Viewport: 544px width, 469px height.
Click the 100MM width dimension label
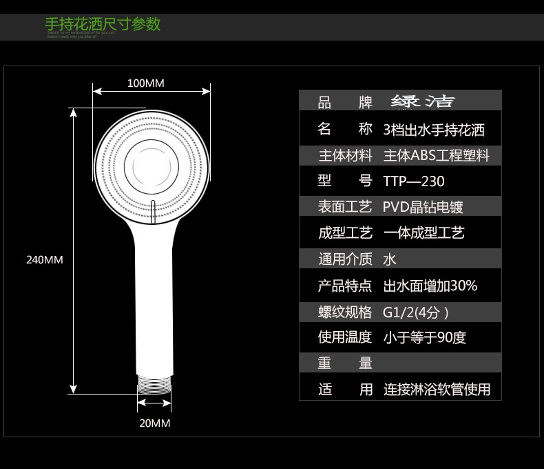(x=145, y=83)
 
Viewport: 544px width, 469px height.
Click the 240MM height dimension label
(x=44, y=260)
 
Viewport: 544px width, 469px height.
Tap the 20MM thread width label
(x=154, y=423)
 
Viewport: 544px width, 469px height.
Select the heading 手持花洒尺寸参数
(x=103, y=24)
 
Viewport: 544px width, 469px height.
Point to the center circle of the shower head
(x=151, y=166)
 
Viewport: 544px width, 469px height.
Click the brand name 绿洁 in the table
(x=423, y=102)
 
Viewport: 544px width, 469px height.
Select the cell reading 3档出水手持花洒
(x=434, y=130)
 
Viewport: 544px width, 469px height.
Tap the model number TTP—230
(x=414, y=181)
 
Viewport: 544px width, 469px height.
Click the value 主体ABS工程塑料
(x=437, y=156)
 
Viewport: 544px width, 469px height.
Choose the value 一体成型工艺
(x=424, y=233)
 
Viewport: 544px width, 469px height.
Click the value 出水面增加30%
(x=430, y=286)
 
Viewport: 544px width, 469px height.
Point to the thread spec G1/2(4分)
(x=416, y=312)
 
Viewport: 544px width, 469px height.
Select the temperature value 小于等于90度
(x=425, y=337)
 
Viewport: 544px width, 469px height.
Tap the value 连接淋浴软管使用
(x=437, y=390)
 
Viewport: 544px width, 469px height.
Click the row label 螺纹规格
(x=345, y=312)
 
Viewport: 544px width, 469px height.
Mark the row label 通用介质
(x=345, y=259)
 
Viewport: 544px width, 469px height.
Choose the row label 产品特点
(x=345, y=286)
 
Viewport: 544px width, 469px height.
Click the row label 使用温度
(x=345, y=337)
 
